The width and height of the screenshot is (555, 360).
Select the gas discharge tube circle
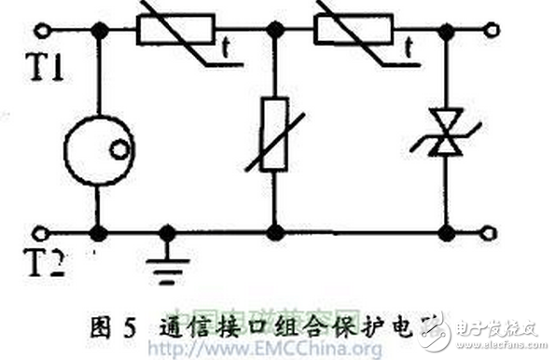point(98,149)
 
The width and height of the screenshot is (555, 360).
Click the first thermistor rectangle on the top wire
point(177,31)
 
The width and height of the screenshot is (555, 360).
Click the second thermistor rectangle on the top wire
point(359,31)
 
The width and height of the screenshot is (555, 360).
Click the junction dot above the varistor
point(274,31)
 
